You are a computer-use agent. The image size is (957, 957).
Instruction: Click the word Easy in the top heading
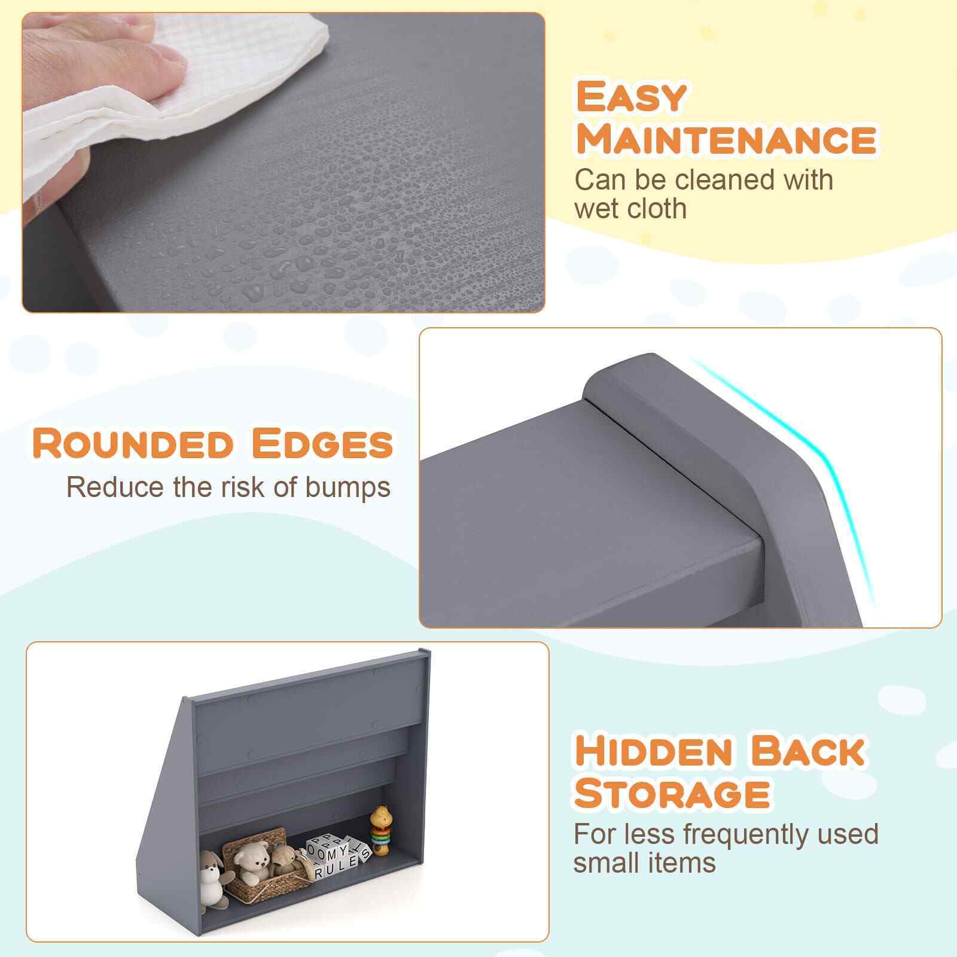630,96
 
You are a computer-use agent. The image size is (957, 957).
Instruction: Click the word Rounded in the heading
133,443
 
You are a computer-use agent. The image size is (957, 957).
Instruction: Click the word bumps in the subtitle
348,488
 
